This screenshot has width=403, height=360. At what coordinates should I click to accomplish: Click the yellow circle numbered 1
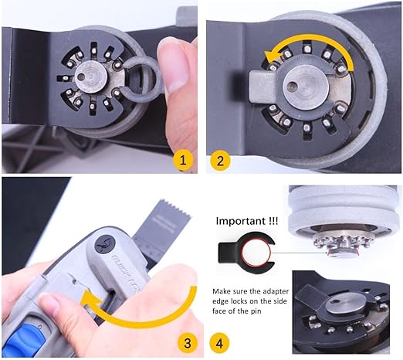[183, 161]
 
